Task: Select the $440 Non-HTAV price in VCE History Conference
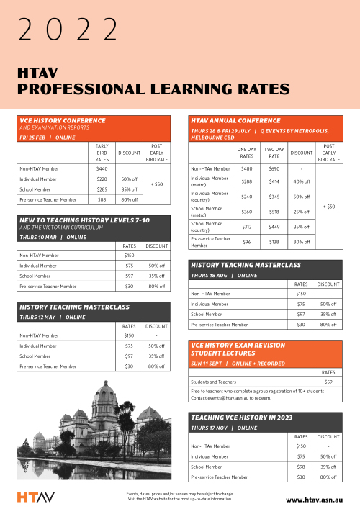102,168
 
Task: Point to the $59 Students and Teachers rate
328,382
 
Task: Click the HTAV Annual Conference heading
235,120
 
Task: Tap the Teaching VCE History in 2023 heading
240,418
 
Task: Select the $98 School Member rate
302,467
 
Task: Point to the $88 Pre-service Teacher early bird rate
102,199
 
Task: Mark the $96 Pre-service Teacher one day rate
246,243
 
